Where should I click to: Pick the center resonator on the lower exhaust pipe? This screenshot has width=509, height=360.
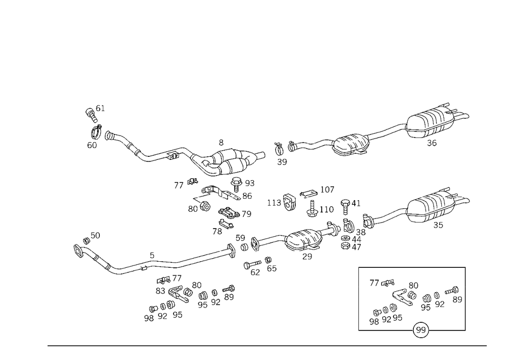click(304, 239)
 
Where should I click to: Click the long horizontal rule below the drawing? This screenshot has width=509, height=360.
click(267, 345)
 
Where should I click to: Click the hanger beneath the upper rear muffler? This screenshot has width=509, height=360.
click(433, 141)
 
